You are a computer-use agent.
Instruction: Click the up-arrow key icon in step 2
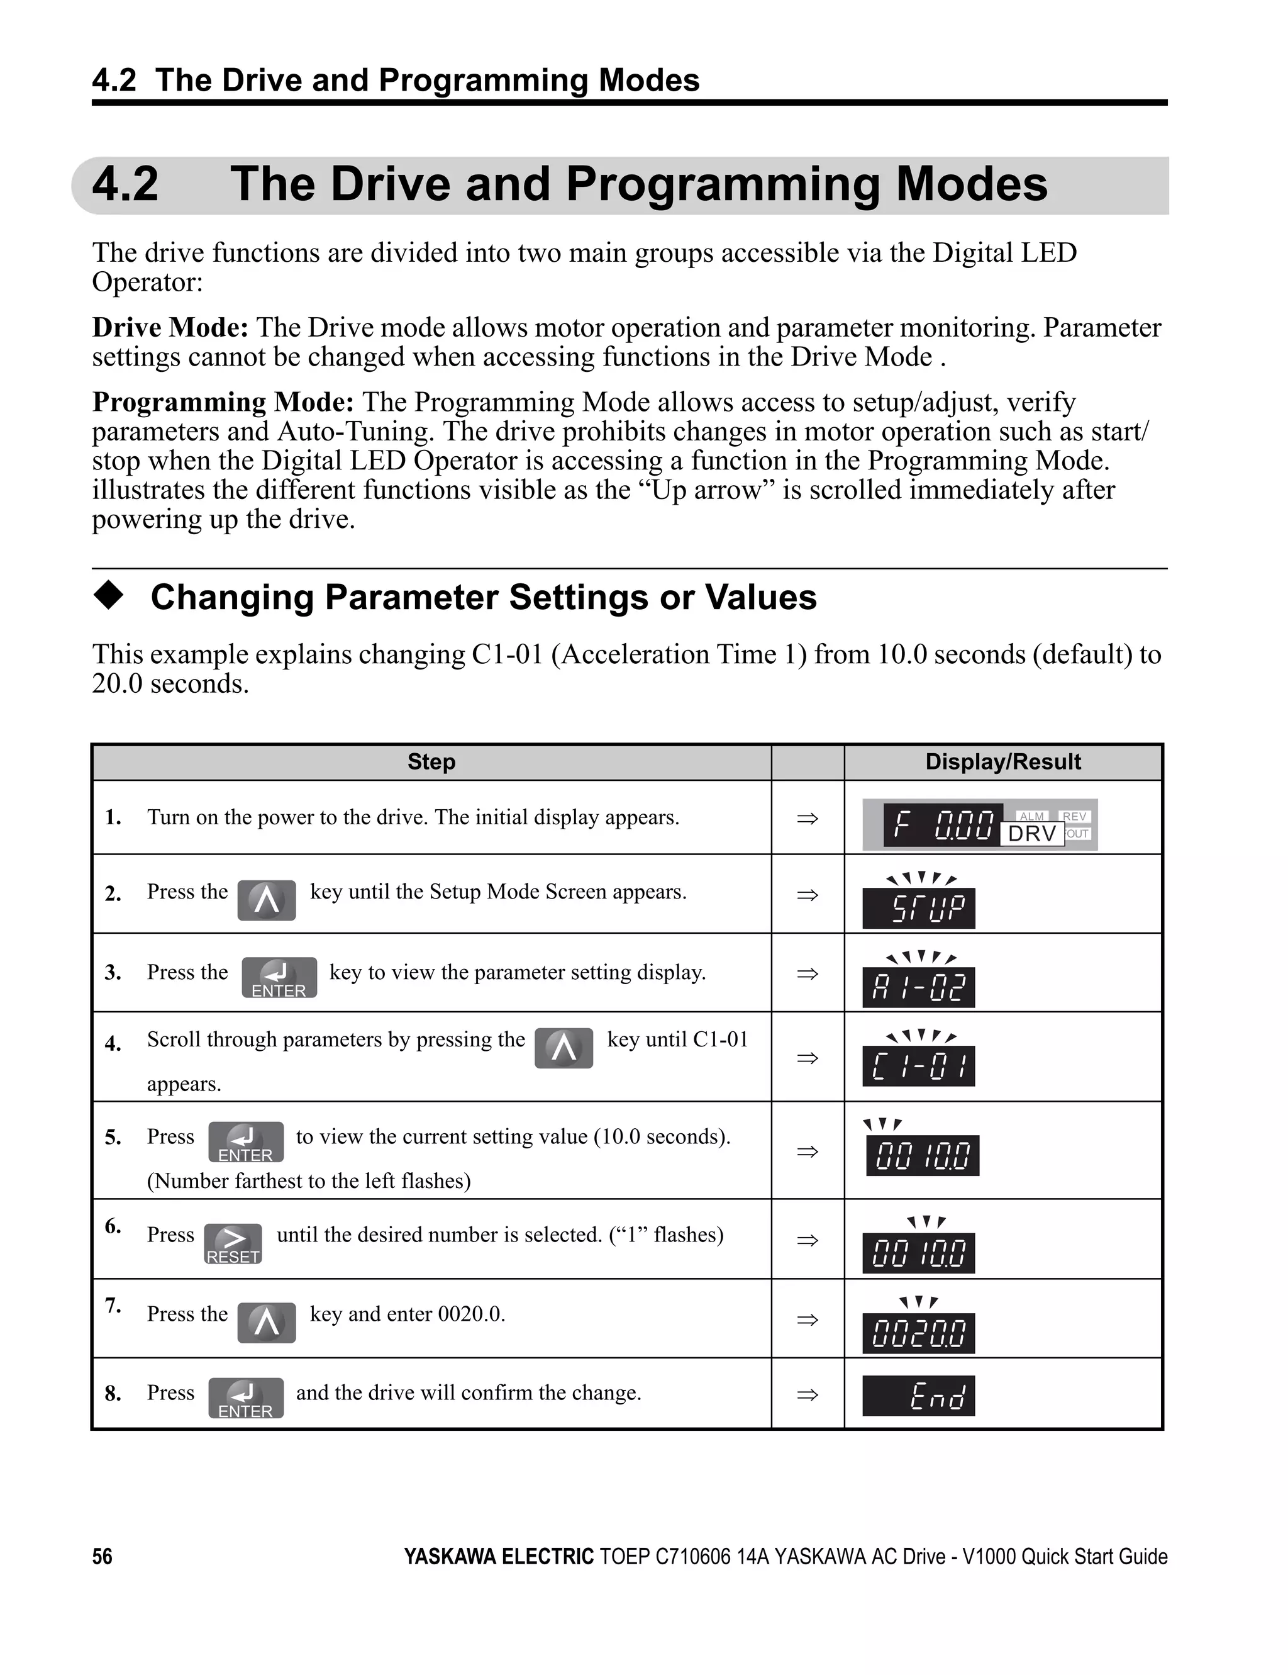click(266, 900)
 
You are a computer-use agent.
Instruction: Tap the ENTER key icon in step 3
click(279, 977)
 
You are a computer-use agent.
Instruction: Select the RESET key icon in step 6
click(233, 1243)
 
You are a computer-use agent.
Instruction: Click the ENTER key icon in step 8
click(245, 1398)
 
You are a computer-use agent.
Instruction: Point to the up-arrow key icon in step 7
click(266, 1322)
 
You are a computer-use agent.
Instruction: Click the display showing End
click(918, 1396)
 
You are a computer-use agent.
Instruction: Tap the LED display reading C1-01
click(918, 1066)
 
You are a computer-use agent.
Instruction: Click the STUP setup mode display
click(918, 908)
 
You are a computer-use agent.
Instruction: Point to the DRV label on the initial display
click(1032, 834)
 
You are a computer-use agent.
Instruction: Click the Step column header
click(431, 761)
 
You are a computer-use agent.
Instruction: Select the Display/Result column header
click(1003, 761)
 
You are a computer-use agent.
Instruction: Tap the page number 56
click(102, 1556)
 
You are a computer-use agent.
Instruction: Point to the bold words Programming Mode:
click(223, 402)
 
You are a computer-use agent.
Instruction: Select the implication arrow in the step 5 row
click(808, 1151)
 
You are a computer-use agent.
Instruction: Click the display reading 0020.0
click(918, 1333)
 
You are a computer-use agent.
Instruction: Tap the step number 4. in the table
click(113, 1044)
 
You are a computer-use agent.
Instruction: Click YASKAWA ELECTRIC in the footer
click(498, 1556)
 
